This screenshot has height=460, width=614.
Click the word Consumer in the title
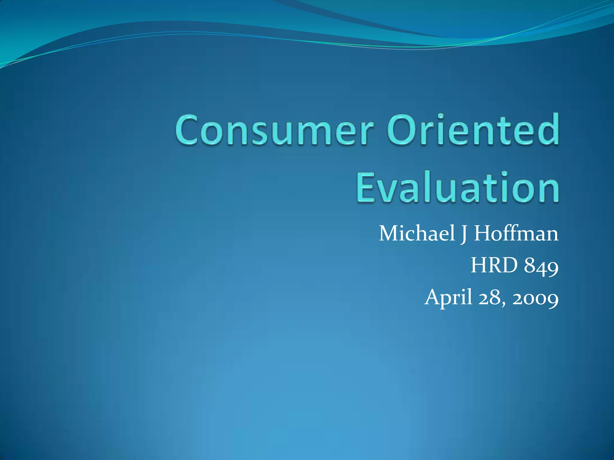[x=274, y=131]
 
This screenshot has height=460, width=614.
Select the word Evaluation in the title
[x=458, y=187]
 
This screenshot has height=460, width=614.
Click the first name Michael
[x=417, y=233]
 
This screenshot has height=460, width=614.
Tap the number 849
[x=541, y=266]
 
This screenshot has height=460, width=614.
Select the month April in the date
[x=449, y=298]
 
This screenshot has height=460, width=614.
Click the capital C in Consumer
[x=189, y=131]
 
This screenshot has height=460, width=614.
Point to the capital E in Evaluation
[x=366, y=187]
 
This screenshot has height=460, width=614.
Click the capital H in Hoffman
[x=483, y=233]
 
